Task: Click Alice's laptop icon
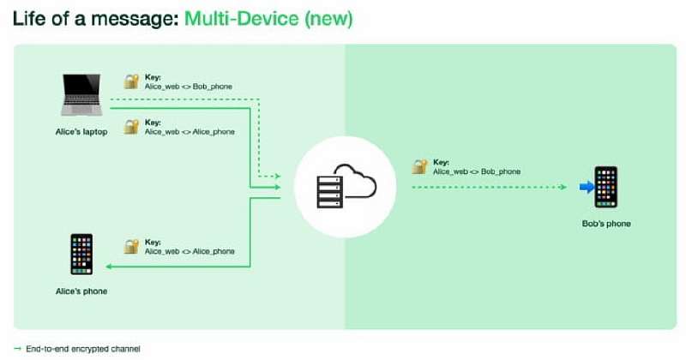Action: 81,95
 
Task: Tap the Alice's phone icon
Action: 81,255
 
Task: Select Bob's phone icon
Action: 606,187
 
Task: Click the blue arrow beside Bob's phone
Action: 587,187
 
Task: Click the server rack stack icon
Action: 329,192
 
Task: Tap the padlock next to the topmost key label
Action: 131,81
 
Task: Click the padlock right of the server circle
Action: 419,166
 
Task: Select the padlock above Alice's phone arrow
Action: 131,246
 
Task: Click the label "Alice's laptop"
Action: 81,132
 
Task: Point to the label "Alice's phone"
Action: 81,291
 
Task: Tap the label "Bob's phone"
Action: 606,224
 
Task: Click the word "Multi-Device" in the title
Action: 242,19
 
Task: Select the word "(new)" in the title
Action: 328,19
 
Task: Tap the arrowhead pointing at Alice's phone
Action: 109,267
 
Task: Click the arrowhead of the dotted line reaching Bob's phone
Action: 563,187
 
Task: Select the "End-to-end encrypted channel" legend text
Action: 83,349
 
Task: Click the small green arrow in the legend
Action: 17,349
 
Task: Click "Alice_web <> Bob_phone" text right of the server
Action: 477,171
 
